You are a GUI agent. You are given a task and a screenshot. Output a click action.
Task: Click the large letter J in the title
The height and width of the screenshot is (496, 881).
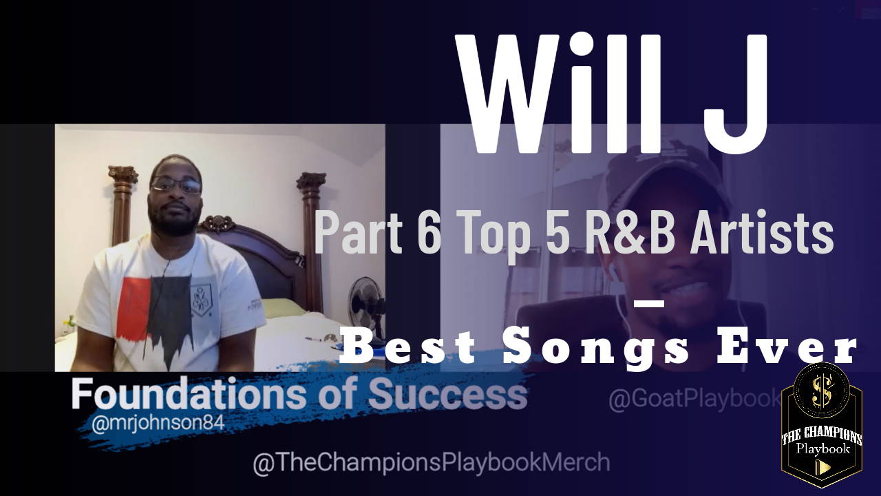734,94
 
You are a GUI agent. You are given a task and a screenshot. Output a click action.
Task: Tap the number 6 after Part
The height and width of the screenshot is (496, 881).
429,233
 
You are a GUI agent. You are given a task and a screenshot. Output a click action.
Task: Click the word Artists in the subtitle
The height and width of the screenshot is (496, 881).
762,233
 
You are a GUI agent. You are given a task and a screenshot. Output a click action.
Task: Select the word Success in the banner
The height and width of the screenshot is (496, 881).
447,393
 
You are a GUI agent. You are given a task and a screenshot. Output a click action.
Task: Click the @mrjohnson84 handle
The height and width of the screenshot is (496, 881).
158,423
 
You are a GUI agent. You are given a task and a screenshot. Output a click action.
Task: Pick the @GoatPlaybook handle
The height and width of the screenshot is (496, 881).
695,399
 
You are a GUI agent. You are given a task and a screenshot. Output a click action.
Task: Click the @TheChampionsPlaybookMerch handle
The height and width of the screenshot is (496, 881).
432,462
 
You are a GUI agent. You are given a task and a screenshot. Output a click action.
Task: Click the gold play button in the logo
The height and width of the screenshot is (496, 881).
822,467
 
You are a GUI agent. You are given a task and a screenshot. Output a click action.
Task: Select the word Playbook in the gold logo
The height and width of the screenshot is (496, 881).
823,449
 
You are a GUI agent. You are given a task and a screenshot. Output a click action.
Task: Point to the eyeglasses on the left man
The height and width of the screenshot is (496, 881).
176,185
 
